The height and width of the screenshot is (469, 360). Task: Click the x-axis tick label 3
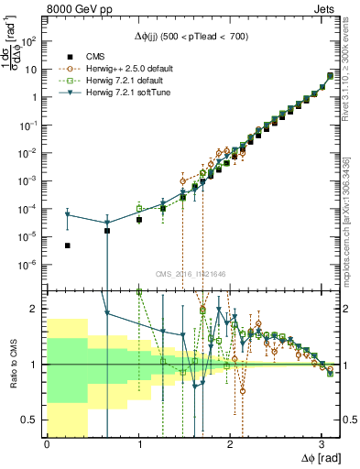coord(322,443)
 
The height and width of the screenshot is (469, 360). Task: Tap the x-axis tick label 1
coord(138,443)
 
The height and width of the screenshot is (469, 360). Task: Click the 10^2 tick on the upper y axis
coord(32,41)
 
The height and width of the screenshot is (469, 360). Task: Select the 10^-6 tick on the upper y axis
coord(32,265)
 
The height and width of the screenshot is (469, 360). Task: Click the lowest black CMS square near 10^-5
coord(68,245)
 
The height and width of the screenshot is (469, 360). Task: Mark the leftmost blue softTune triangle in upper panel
coord(68,214)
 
